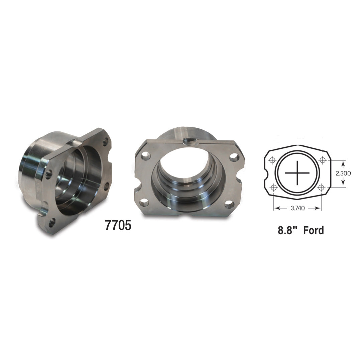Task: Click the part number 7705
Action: pos(118,226)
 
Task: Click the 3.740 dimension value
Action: pos(297,208)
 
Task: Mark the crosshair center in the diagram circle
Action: pos(297,173)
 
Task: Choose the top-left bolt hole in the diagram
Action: pos(273,160)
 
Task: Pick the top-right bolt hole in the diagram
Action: pos(322,160)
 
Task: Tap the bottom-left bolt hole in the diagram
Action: pos(273,188)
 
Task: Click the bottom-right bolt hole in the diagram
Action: pos(321,188)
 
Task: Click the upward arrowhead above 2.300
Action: pos(343,163)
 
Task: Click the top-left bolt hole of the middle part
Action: pos(145,155)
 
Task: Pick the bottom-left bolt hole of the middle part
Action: pos(144,202)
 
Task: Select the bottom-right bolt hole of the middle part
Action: pos(229,204)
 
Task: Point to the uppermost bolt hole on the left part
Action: pos(106,143)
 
